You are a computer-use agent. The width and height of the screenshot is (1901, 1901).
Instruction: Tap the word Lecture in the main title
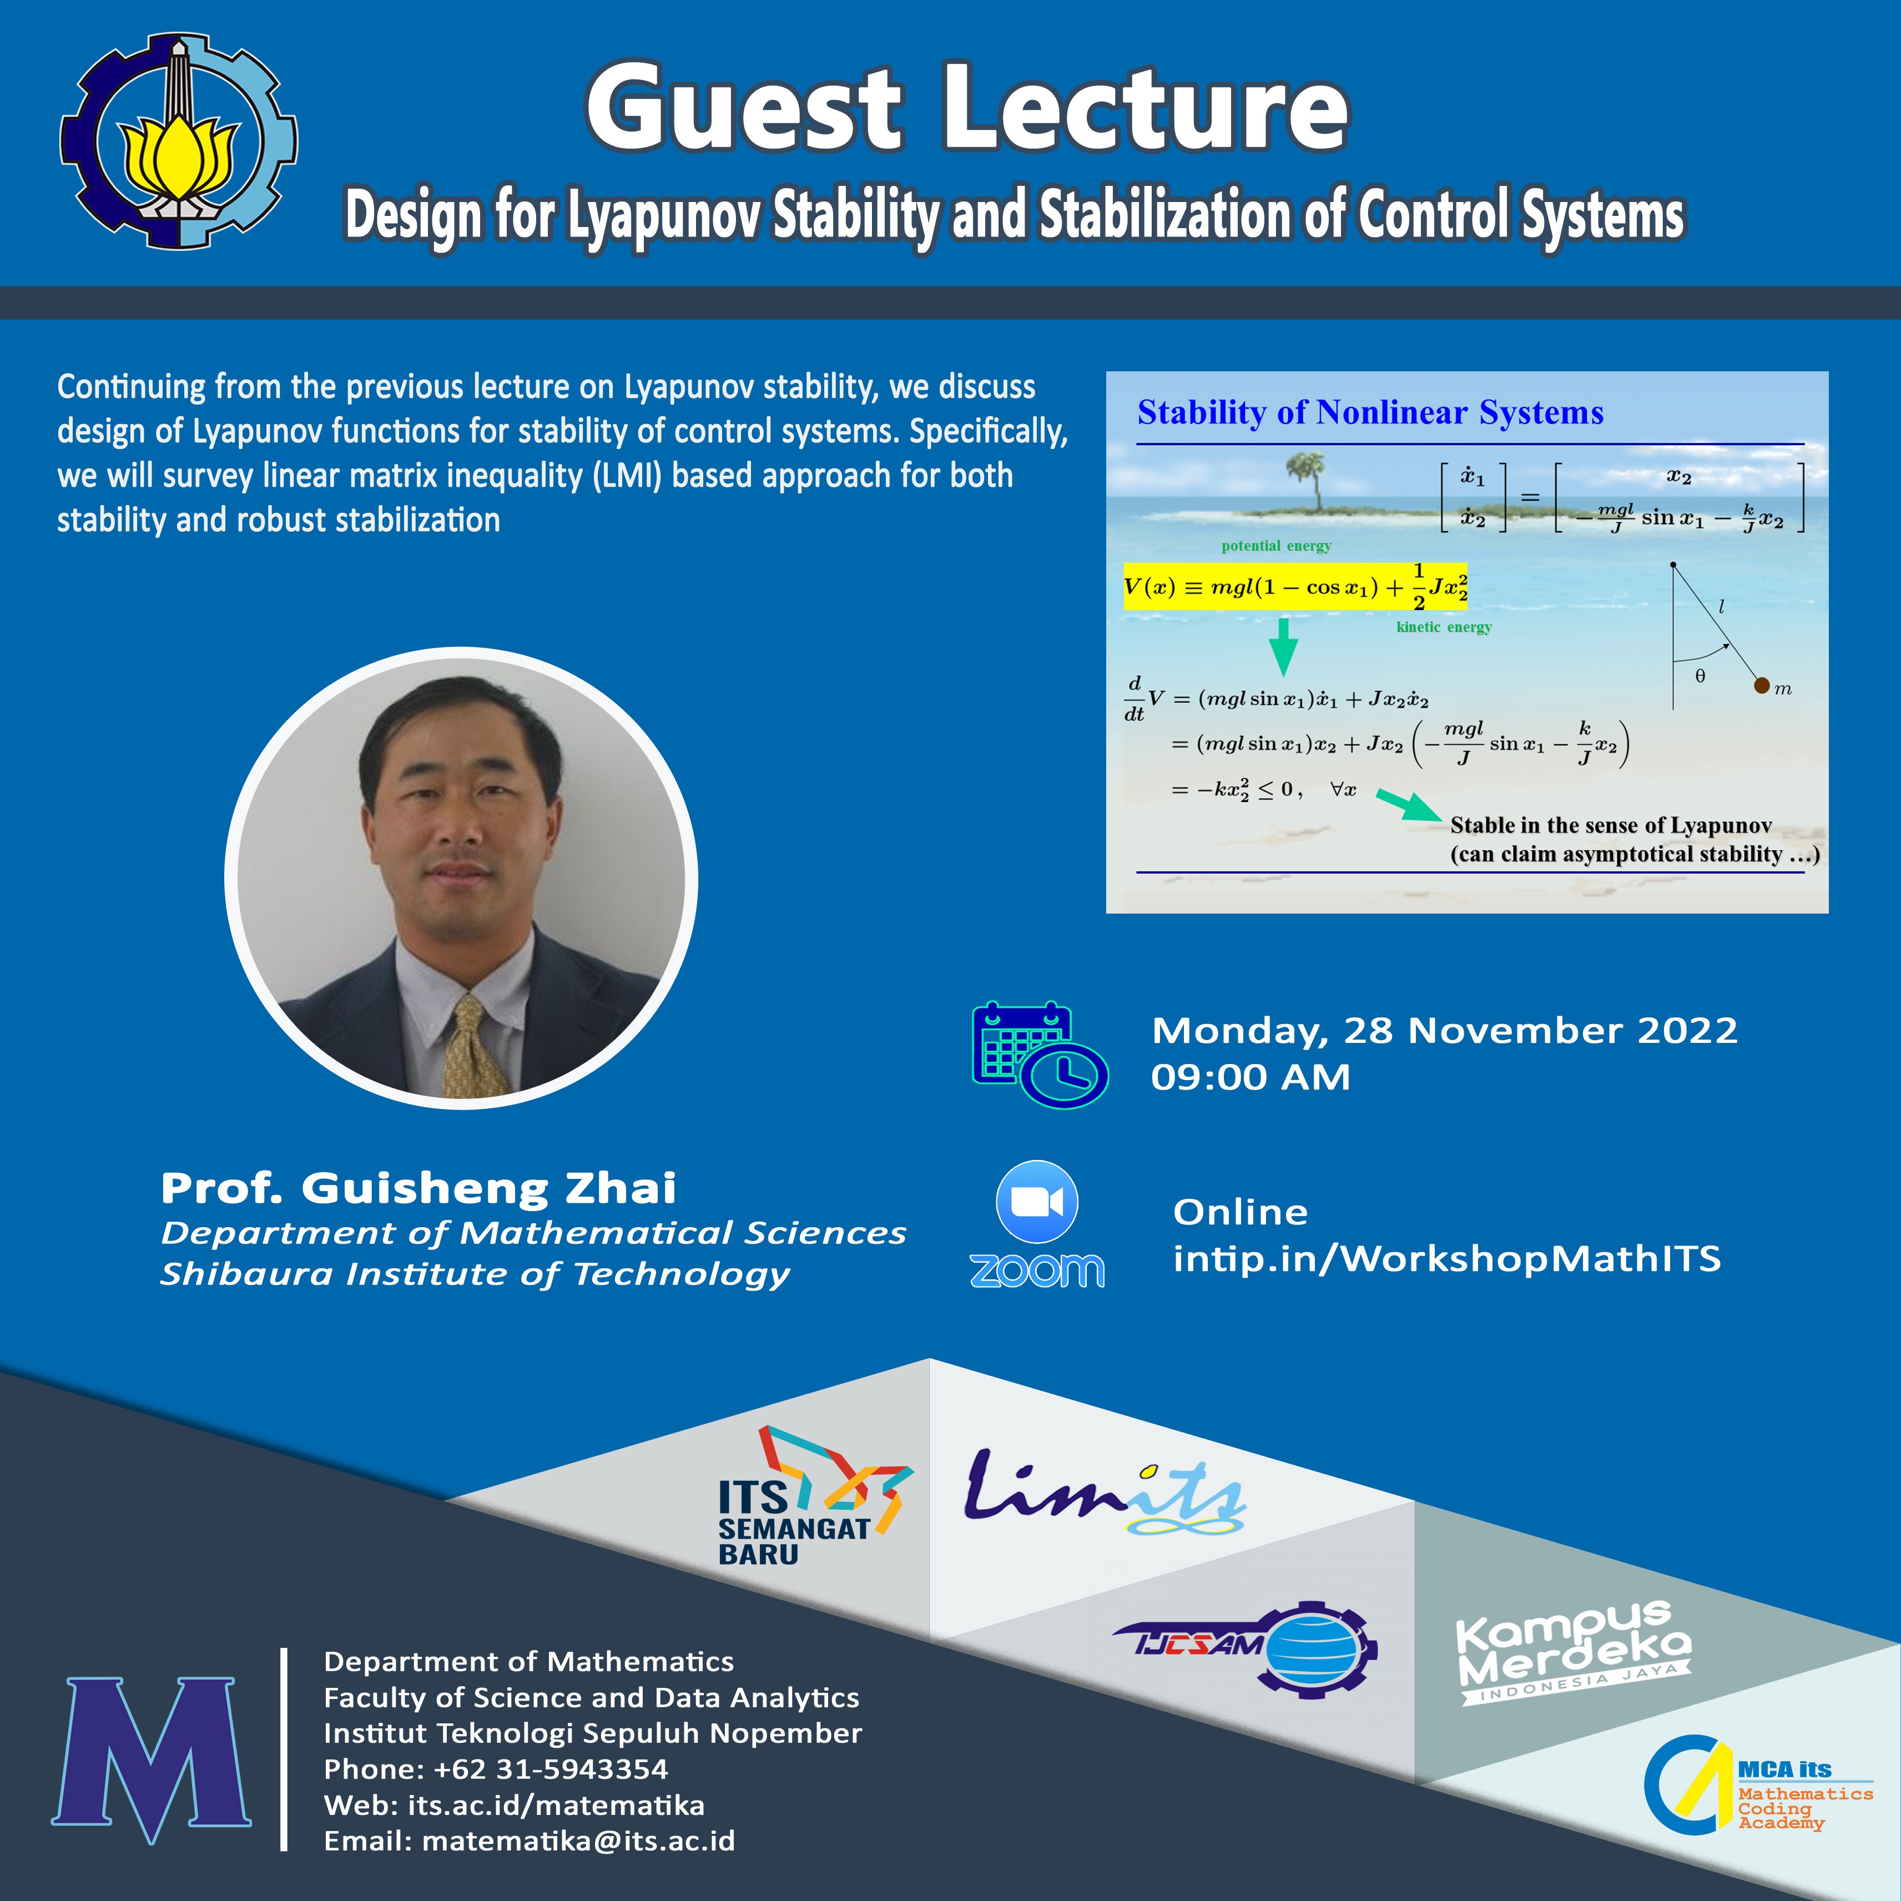tap(1146, 108)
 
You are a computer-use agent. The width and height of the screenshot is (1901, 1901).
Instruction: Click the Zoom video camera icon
tap(1037, 1202)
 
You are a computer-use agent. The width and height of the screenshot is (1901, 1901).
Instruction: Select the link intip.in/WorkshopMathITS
tap(1446, 1258)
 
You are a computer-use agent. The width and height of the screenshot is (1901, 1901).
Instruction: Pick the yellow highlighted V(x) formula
tap(1295, 586)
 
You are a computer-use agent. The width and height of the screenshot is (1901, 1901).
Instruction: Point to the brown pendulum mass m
tap(1761, 686)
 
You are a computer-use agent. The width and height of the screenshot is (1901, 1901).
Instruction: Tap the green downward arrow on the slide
tap(1283, 647)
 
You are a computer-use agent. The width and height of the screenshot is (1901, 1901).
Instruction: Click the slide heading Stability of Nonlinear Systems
tap(1370, 412)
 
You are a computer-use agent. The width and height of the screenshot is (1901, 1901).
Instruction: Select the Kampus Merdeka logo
tap(1574, 1653)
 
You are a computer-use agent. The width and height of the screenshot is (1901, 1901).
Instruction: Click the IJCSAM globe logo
tap(1246, 1646)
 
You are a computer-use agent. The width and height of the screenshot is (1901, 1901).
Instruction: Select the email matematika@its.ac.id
tap(578, 1841)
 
